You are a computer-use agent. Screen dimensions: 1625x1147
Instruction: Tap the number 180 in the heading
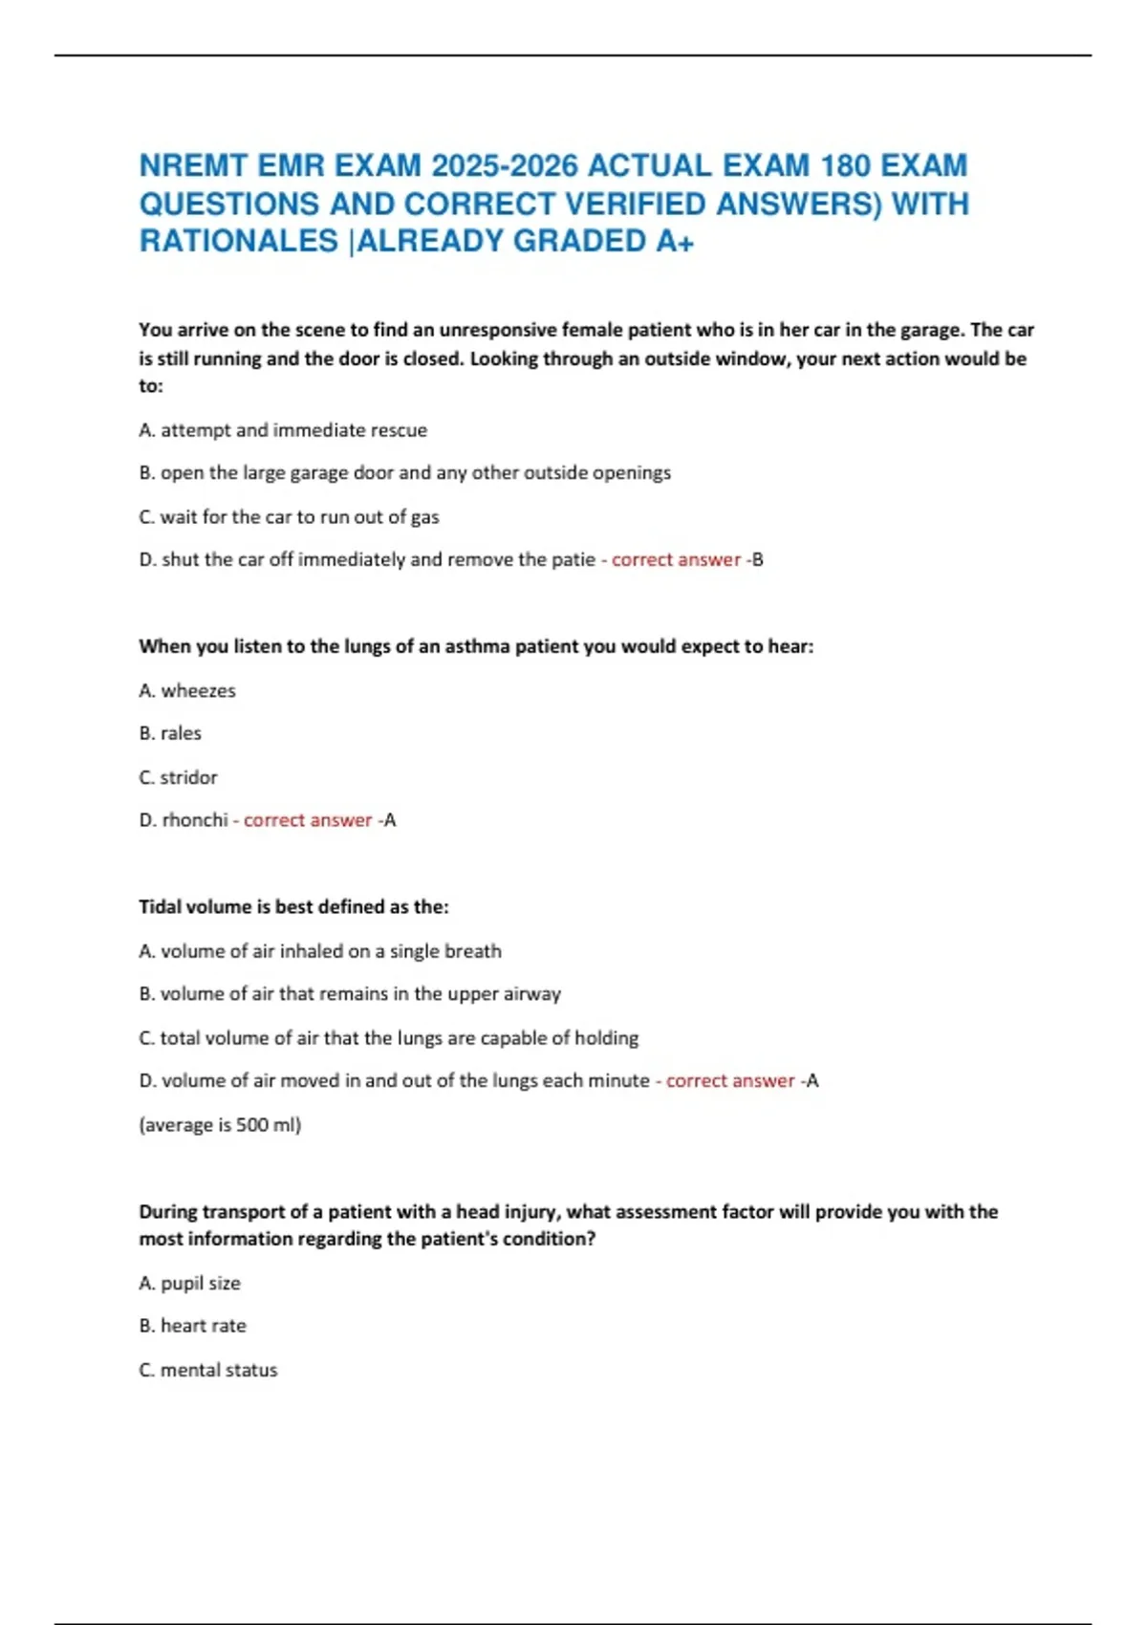coord(844,166)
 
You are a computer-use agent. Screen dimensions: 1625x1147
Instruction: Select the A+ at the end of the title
coord(675,241)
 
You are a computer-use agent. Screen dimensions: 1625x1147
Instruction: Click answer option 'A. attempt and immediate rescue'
coord(283,430)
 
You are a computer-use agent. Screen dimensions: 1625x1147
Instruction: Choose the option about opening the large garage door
coord(404,473)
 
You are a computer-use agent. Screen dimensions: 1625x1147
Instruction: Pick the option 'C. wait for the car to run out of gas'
coord(289,517)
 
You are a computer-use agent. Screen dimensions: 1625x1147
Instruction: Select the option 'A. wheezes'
coord(187,690)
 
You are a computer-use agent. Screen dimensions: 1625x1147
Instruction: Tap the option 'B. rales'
coord(170,733)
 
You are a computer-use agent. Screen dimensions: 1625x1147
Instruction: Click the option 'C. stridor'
coord(178,777)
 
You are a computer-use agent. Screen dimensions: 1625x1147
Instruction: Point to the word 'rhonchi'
coord(195,820)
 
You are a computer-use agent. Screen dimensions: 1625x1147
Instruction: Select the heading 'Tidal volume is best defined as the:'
coord(293,906)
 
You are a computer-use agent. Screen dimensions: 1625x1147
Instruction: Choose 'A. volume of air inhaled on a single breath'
coord(320,951)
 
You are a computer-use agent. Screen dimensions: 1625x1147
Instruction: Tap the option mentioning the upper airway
coord(350,994)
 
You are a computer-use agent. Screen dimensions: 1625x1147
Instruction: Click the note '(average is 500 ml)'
coord(220,1125)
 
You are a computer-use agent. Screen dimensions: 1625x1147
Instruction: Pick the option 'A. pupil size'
coord(189,1283)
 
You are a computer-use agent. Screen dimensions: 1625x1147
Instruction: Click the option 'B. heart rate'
coord(192,1326)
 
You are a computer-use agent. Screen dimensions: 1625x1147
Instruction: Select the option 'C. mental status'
coord(208,1370)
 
